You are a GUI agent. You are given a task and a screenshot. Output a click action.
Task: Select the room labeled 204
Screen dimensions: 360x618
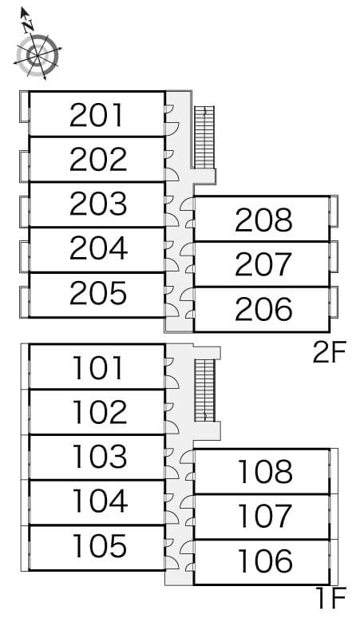[98, 248]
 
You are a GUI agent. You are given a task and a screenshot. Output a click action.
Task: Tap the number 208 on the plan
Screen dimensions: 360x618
[263, 220]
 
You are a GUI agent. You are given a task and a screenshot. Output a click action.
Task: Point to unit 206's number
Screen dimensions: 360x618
[263, 309]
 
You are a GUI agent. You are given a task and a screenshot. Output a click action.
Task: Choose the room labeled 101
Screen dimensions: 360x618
[97, 368]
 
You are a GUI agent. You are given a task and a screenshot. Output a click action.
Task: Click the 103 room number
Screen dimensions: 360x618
[100, 456]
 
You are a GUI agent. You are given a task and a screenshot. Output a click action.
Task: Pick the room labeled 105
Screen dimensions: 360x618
[100, 546]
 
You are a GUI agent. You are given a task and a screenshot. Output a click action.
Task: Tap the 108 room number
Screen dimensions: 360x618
[265, 471]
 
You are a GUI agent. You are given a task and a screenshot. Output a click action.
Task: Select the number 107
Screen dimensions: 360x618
[265, 516]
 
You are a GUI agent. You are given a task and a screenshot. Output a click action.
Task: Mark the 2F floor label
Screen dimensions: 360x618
[330, 352]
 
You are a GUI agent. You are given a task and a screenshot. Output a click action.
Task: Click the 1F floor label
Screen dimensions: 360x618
[331, 598]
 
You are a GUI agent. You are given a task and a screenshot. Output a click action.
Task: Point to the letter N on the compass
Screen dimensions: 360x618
[28, 26]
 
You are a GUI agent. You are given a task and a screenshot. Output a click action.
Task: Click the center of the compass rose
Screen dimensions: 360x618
[38, 56]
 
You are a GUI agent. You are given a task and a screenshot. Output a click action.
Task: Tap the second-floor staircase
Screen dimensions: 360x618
[204, 137]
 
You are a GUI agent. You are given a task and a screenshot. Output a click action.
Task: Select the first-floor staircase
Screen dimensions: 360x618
[205, 390]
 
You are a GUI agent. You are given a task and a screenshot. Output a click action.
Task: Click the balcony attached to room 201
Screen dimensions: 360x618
[25, 106]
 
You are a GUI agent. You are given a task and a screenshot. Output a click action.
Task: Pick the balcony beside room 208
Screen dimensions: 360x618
[334, 212]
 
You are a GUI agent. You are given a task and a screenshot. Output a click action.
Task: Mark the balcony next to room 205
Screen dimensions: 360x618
[25, 302]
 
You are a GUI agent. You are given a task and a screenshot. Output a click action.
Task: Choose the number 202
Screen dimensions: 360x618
[98, 159]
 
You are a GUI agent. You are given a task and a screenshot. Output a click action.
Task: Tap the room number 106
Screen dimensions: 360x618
[265, 561]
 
